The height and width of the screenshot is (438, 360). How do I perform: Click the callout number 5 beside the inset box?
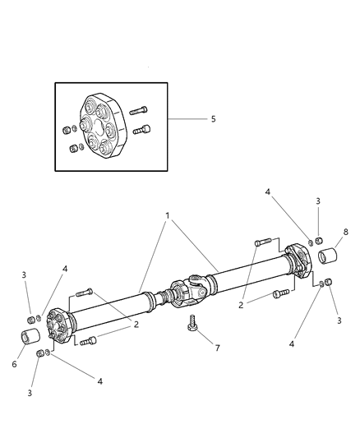coord(213,119)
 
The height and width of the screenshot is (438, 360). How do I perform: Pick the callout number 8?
coord(347,232)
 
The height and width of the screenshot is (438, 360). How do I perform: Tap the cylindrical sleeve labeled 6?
coord(31,337)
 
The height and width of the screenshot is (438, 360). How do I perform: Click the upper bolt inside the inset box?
coord(137,109)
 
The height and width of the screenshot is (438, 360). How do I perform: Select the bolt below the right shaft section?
coord(281,293)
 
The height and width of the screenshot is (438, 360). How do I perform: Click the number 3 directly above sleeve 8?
coord(318,201)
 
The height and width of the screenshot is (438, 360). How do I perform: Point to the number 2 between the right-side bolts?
coord(241,304)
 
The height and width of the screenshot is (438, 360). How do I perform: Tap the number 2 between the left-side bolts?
coord(135,324)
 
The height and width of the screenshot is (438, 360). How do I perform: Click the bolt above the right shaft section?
coord(263,242)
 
